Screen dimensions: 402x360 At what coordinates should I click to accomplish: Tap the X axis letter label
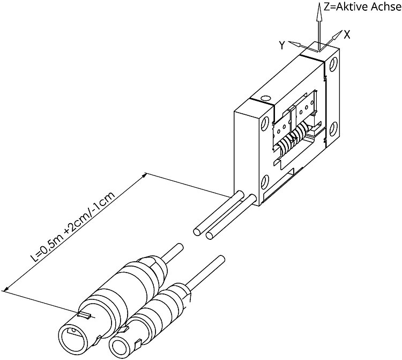[347, 34]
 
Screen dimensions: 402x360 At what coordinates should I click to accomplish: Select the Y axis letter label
[282, 46]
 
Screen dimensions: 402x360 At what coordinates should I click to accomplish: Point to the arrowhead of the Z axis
[319, 12]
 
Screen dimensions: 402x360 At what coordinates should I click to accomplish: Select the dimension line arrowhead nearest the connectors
[6, 289]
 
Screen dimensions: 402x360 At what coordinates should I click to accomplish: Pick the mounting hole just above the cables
[265, 182]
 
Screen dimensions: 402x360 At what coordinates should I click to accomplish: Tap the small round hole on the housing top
[265, 98]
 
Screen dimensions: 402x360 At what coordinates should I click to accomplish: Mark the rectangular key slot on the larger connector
[84, 315]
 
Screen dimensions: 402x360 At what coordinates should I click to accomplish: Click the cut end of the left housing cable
[197, 232]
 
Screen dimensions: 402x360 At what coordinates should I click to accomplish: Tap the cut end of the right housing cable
[210, 236]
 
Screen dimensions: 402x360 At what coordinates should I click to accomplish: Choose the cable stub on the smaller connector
[206, 271]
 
